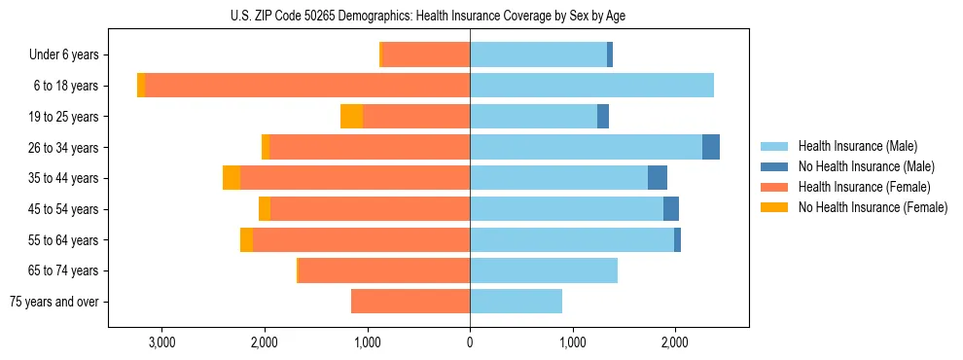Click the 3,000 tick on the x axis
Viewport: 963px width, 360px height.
click(161, 341)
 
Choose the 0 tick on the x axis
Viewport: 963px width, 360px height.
click(470, 341)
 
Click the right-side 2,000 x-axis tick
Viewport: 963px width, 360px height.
click(675, 341)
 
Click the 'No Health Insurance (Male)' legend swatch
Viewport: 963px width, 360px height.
click(774, 166)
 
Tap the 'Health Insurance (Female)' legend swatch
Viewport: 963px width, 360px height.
click(774, 187)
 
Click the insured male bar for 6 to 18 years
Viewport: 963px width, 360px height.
click(591, 86)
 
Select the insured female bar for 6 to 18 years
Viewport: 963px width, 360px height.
click(307, 86)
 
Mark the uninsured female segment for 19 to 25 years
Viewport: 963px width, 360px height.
click(351, 116)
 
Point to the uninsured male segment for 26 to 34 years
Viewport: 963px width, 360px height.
click(711, 147)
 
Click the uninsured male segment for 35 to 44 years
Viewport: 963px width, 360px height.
click(658, 178)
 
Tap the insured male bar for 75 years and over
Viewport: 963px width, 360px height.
click(516, 302)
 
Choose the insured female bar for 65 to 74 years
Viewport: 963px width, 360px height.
click(384, 270)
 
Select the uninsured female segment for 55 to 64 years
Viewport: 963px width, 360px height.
click(246, 239)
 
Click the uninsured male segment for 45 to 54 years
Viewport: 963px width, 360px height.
click(671, 208)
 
